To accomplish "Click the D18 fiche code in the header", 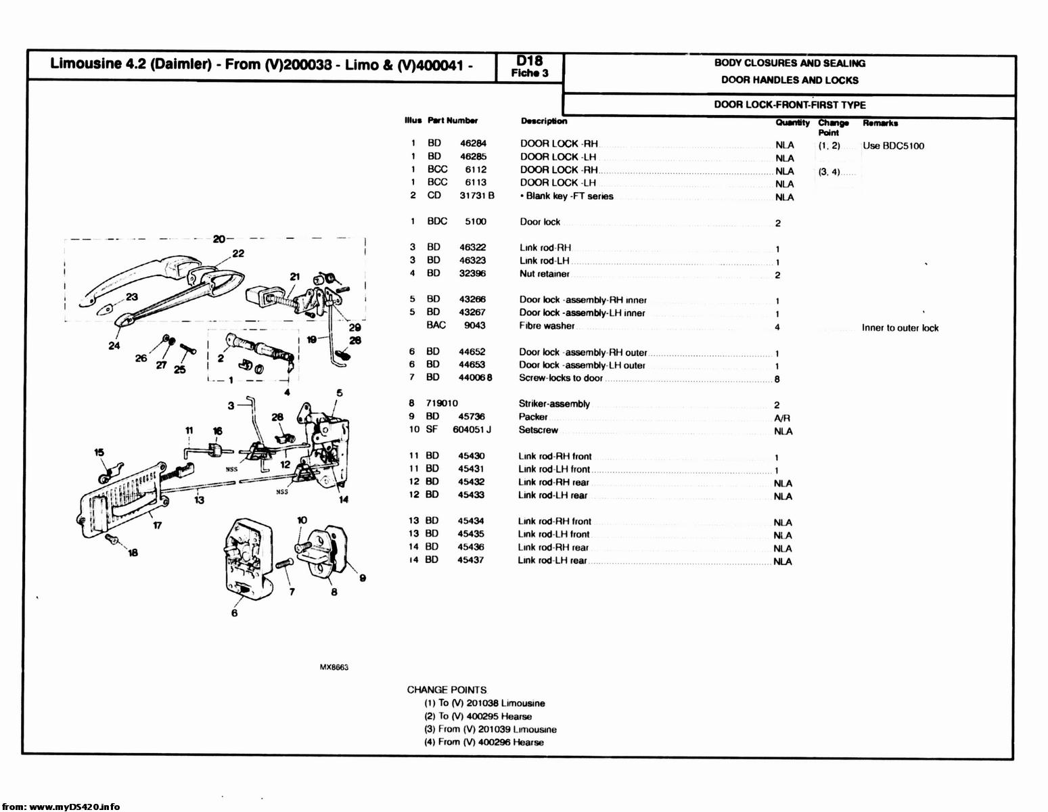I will pyautogui.click(x=529, y=62).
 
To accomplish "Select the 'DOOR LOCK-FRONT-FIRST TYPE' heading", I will pyautogui.click(x=790, y=105).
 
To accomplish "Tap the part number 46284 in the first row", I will pyautogui.click(x=473, y=143).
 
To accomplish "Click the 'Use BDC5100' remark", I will pyautogui.click(x=893, y=146).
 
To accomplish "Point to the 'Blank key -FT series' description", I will pyautogui.click(x=569, y=196).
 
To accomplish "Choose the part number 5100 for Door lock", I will pyautogui.click(x=475, y=221).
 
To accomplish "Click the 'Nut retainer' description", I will pyautogui.click(x=544, y=274).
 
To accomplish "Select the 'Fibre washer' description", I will pyautogui.click(x=546, y=326).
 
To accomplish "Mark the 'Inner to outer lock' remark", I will pyautogui.click(x=900, y=328).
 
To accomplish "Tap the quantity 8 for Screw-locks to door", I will pyautogui.click(x=777, y=379).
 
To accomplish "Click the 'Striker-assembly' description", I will pyautogui.click(x=554, y=404).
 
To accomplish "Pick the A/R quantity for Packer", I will pyautogui.click(x=781, y=418).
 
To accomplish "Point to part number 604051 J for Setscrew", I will pyautogui.click(x=472, y=430).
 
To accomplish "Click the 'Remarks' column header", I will pyautogui.click(x=880, y=123).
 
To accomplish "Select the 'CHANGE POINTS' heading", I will pyautogui.click(x=447, y=690).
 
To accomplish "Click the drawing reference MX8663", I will pyautogui.click(x=334, y=667).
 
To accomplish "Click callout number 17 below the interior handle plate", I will pyautogui.click(x=157, y=526).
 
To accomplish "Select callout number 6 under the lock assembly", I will pyautogui.click(x=234, y=613).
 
